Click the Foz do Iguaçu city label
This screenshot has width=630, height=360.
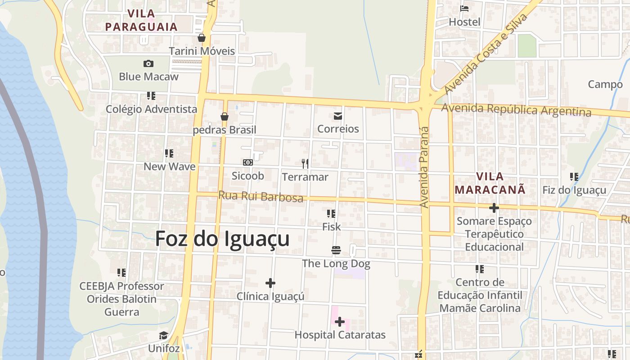click(222, 238)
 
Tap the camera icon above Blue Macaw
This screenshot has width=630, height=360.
click(148, 64)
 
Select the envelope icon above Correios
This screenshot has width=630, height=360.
click(338, 117)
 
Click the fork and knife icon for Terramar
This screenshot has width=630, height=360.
click(305, 164)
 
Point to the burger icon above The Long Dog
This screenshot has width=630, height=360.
click(336, 250)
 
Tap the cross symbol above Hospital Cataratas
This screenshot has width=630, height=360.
click(340, 322)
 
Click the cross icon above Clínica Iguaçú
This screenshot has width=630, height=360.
click(270, 283)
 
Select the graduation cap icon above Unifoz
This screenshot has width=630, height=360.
click(163, 336)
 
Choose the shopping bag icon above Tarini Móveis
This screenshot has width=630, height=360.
click(202, 38)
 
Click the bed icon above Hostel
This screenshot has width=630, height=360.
click(464, 9)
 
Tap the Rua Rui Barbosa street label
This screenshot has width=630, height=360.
click(261, 196)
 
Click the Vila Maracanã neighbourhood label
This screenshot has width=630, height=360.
click(490, 183)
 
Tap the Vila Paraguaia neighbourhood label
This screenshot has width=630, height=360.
click(141, 20)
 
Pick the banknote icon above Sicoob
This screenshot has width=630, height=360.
click(247, 162)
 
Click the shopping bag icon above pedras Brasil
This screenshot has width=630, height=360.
click(225, 117)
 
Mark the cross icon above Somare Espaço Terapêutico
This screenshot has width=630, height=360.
click(494, 208)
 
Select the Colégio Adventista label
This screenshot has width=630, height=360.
click(151, 109)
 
